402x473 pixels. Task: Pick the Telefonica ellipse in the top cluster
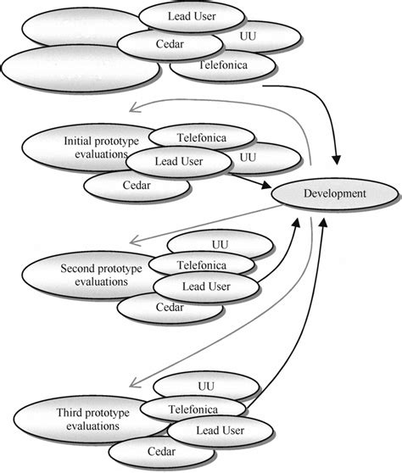pyautogui.click(x=223, y=64)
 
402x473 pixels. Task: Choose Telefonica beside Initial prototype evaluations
pyautogui.click(x=201, y=136)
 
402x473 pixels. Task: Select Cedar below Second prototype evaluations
pyautogui.click(x=157, y=309)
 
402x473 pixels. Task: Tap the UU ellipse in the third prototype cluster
pyautogui.click(x=207, y=386)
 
